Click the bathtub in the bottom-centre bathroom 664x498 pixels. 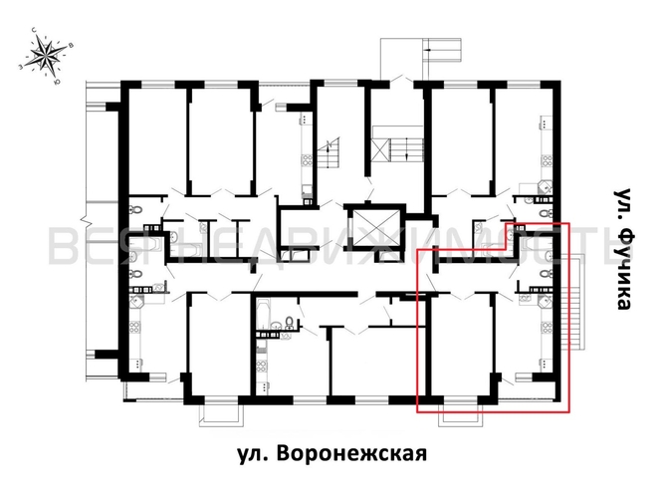[x=266, y=316]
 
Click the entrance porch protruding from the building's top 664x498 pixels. [x=403, y=58]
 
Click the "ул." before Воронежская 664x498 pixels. [x=255, y=454]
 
